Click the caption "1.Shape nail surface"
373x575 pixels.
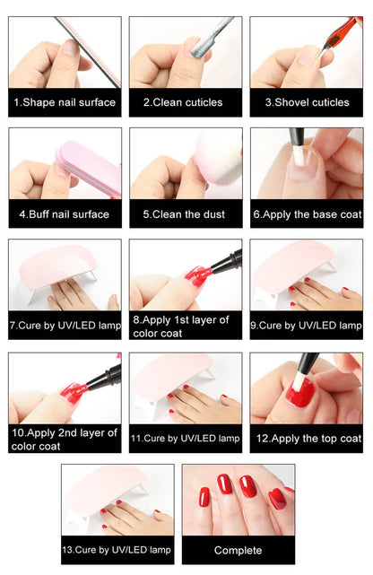click(x=65, y=102)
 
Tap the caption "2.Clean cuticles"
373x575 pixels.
click(x=185, y=102)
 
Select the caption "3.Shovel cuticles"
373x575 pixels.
click(x=307, y=102)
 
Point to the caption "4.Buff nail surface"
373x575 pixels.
click(x=65, y=214)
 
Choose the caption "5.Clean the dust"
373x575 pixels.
click(x=185, y=214)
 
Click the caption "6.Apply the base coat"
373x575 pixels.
click(x=307, y=214)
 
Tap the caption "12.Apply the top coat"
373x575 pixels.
click(x=307, y=439)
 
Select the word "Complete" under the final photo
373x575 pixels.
click(x=239, y=550)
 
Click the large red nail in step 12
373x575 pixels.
click(x=302, y=392)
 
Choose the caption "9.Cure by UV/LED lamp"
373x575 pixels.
click(x=307, y=325)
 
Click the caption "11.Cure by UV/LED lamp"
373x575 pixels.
click(x=185, y=439)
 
